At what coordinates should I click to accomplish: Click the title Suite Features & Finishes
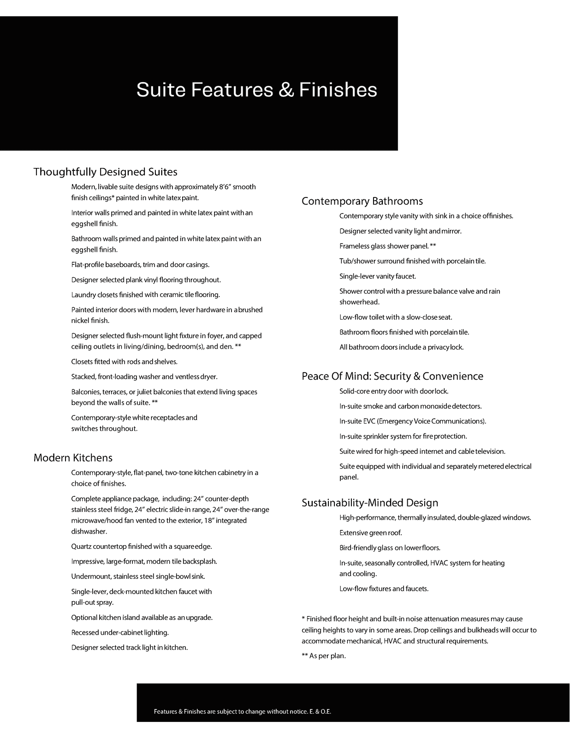[x=256, y=89]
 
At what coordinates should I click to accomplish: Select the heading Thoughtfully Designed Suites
[x=105, y=172]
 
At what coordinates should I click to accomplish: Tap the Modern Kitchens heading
[x=73, y=458]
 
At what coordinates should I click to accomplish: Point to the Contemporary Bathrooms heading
[x=362, y=201]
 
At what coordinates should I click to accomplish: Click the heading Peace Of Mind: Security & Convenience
[x=392, y=376]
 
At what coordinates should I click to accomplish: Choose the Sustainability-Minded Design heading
[x=370, y=503]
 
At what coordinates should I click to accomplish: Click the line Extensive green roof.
[x=371, y=533]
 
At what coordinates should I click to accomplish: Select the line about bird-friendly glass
[x=390, y=548]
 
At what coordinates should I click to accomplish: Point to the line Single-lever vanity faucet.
[x=378, y=276]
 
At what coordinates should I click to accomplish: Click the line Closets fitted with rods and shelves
[x=125, y=362]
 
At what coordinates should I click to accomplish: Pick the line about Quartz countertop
[x=142, y=547]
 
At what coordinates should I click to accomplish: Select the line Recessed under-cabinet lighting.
[x=120, y=632]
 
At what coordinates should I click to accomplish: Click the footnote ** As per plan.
[x=324, y=656]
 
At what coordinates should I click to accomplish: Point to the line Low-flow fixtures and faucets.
[x=384, y=589]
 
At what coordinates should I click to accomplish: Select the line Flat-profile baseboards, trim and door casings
[x=140, y=265]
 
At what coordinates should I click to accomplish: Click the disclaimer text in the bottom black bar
[x=243, y=712]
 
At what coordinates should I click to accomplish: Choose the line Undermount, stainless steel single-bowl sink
[x=138, y=577]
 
